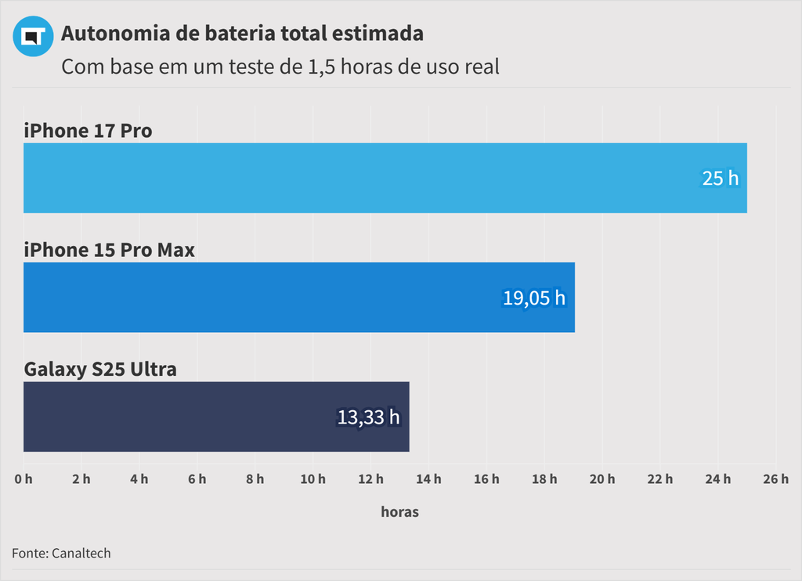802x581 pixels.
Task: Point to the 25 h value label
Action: point(720,179)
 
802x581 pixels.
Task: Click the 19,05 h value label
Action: point(533,298)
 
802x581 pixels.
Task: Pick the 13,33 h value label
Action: point(368,417)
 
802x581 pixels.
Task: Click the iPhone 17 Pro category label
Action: point(88,130)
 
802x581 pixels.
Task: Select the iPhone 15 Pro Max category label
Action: point(109,250)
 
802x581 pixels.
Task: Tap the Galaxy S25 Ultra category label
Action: point(100,369)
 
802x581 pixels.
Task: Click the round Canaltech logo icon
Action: point(33,36)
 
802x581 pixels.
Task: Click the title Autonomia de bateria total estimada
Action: point(242,34)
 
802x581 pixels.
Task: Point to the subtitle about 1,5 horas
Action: point(280,67)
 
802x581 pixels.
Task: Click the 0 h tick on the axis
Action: point(23,479)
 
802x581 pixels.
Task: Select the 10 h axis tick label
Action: point(313,479)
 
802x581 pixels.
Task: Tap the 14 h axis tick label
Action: point(429,479)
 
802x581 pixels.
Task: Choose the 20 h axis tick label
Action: point(602,479)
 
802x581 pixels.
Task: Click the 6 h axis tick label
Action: point(197,479)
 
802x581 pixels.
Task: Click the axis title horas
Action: point(399,512)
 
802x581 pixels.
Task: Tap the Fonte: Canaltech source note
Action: point(61,553)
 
